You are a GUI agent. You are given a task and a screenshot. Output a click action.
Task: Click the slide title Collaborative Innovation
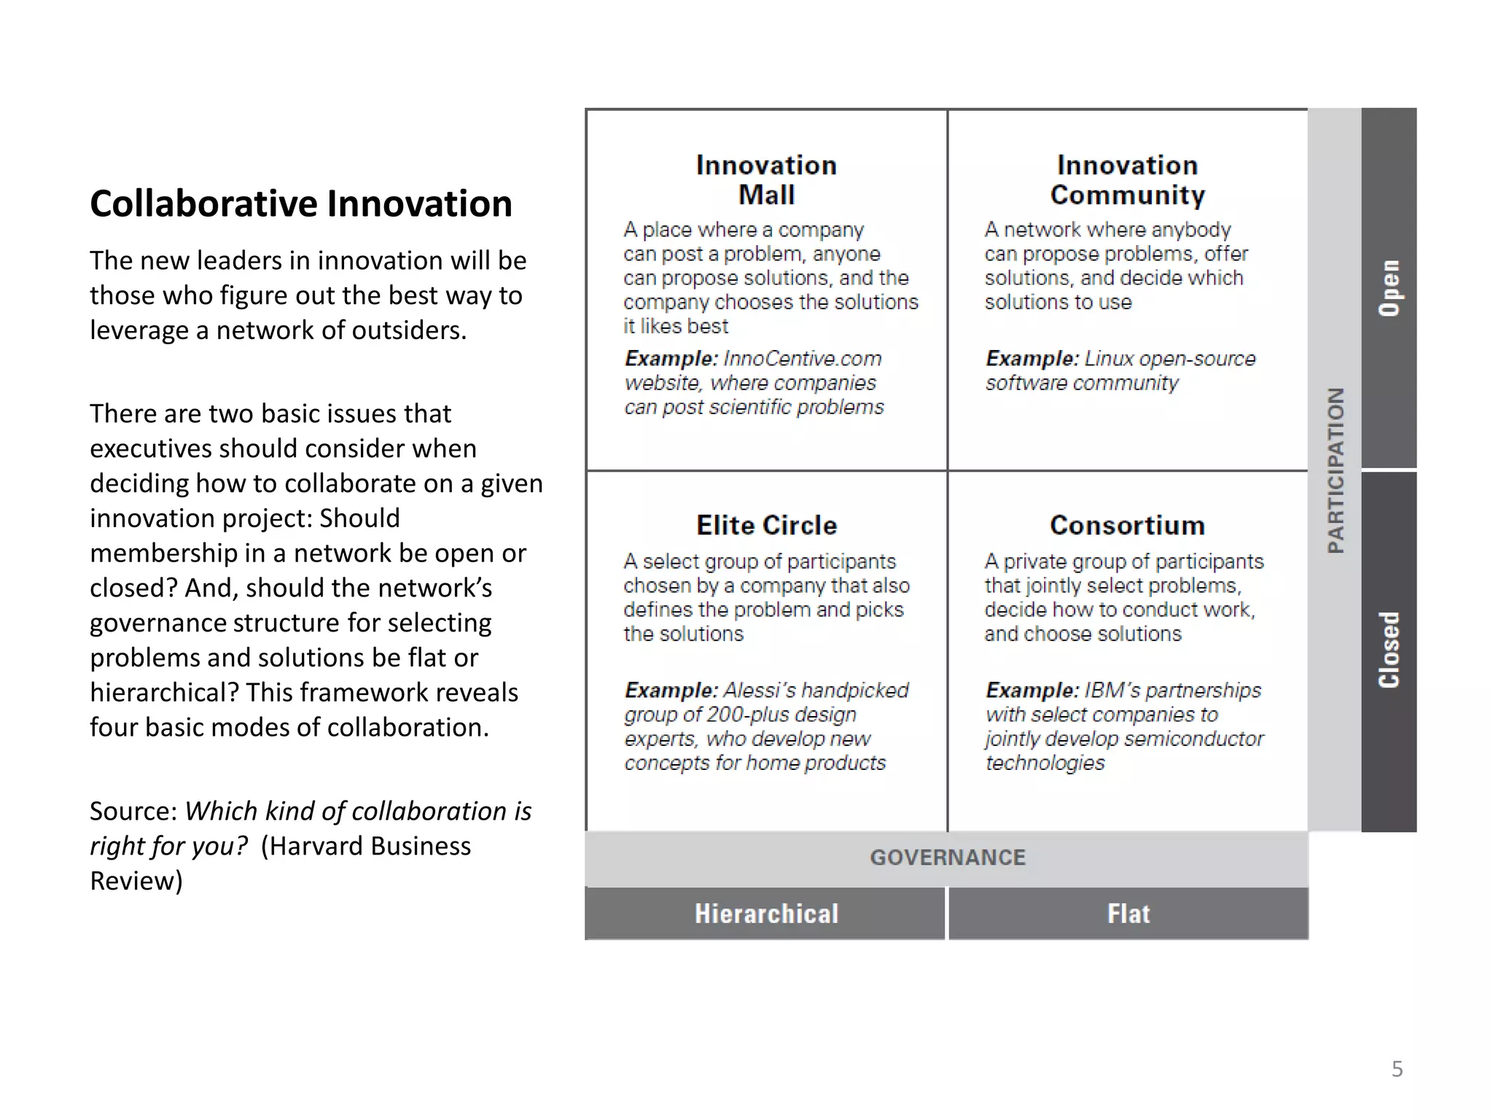pyautogui.click(x=300, y=203)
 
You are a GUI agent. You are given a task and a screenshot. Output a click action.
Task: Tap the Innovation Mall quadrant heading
pyautogui.click(x=766, y=180)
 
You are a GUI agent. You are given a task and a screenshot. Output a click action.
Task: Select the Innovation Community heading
pyautogui.click(x=1128, y=180)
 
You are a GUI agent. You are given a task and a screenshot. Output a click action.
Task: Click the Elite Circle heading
pyautogui.click(x=766, y=525)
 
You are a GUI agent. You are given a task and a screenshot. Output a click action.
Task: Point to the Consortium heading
pyautogui.click(x=1128, y=525)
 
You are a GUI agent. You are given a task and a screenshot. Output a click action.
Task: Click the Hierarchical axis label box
pyautogui.click(x=765, y=914)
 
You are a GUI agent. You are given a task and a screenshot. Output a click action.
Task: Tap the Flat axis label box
pyautogui.click(x=1128, y=914)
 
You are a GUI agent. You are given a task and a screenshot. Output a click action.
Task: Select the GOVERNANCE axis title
pyautogui.click(x=947, y=857)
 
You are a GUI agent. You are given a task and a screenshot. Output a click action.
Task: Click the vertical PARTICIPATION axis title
pyautogui.click(x=1335, y=470)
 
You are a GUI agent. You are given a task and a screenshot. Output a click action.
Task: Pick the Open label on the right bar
pyautogui.click(x=1389, y=288)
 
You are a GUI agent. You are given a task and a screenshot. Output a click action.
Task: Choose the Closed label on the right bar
pyautogui.click(x=1389, y=650)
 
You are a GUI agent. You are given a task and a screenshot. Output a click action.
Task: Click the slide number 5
pyautogui.click(x=1397, y=1069)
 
